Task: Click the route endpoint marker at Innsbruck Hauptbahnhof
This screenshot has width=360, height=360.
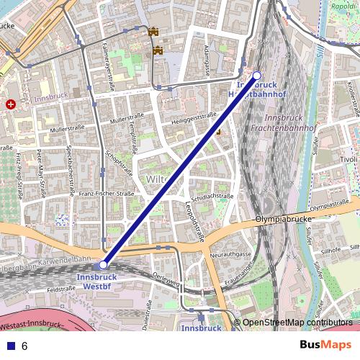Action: (x=257, y=76)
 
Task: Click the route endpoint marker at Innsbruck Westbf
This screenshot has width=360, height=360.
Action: (x=104, y=264)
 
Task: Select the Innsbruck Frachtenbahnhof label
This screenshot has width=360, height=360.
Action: (x=291, y=122)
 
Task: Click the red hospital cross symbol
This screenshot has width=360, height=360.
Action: (x=11, y=104)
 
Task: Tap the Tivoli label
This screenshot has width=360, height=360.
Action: (x=348, y=159)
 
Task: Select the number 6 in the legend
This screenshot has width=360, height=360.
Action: (x=24, y=346)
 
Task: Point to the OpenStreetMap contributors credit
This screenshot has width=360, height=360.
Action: (x=297, y=323)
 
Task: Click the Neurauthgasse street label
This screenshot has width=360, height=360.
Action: (x=230, y=254)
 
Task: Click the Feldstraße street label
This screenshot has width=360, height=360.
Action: (x=61, y=289)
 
